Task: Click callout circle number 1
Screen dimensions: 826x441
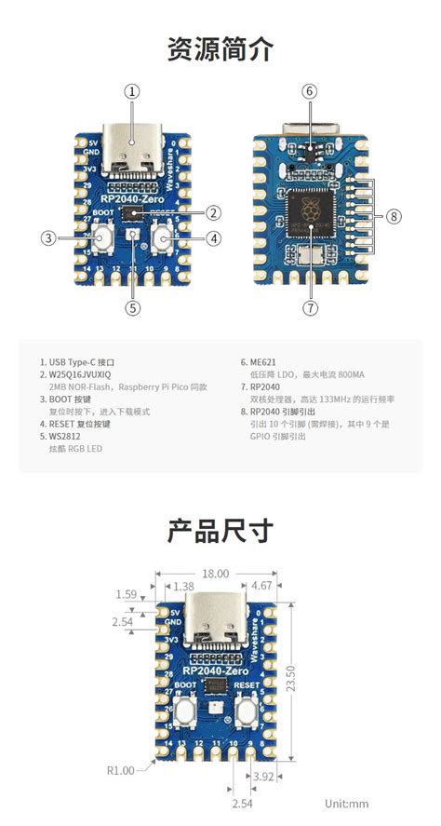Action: (133, 91)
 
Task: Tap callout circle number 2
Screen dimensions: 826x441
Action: (213, 212)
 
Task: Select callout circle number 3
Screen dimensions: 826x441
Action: (48, 237)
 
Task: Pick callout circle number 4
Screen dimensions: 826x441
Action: (213, 237)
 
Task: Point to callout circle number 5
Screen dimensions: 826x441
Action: (133, 306)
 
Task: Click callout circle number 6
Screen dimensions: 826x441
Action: (310, 91)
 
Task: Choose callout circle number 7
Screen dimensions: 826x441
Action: (310, 306)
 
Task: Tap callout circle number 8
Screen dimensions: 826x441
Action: (394, 216)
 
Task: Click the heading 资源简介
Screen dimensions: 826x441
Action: (220, 48)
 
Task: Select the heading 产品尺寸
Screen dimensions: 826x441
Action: (220, 531)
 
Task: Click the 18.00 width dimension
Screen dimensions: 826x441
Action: (215, 575)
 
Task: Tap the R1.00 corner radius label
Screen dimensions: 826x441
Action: (120, 770)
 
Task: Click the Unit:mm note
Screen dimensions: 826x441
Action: (347, 803)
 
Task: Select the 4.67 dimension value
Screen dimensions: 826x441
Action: (262, 586)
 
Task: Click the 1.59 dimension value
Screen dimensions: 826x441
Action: (127, 593)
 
